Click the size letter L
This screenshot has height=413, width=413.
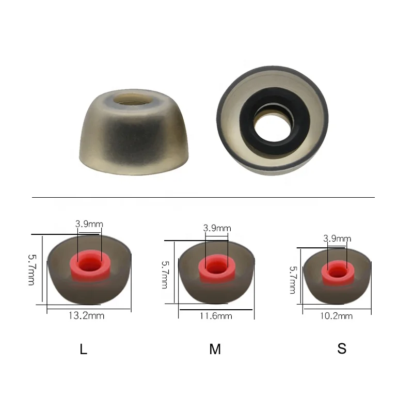coord(84,350)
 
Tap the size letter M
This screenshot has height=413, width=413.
coord(215,350)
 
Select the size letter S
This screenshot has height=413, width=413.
coord(342,348)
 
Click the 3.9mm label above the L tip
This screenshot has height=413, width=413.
coord(89,224)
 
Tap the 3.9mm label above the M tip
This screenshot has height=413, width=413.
coord(217,228)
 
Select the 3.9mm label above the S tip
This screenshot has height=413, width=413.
coord(337,239)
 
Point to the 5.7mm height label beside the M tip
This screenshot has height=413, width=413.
coord(165,274)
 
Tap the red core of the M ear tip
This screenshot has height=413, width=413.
coord(217,267)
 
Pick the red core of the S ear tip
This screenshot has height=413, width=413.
coord(337,272)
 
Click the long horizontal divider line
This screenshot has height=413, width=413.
coord(203,197)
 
